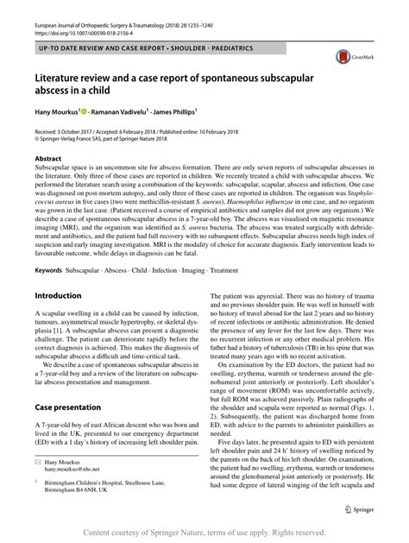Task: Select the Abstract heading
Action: click(x=47, y=160)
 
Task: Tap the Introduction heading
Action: click(x=58, y=295)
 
